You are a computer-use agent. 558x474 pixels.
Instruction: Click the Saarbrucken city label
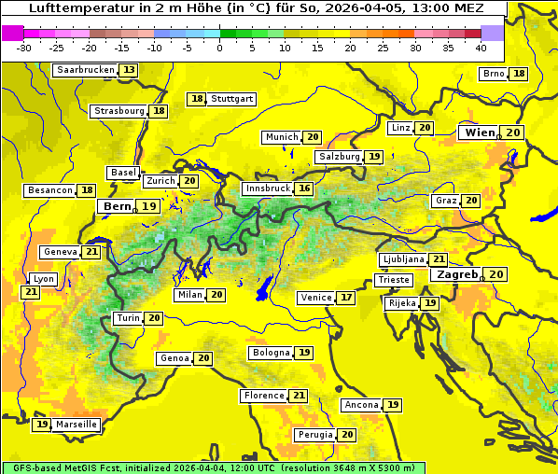(85, 70)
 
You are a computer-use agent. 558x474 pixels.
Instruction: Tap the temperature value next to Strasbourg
(160, 111)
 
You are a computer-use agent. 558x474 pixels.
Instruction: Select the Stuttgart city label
(232, 99)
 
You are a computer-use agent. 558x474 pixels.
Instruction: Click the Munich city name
(282, 137)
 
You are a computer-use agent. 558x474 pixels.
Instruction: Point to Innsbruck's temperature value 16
(304, 188)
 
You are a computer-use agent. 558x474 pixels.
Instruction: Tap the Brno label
(494, 74)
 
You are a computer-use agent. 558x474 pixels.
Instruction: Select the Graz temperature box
(471, 201)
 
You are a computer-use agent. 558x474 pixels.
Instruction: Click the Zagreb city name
(456, 274)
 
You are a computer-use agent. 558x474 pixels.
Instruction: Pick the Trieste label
(393, 280)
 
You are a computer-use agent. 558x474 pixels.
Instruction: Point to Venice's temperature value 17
(346, 298)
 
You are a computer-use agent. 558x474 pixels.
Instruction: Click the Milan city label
(189, 295)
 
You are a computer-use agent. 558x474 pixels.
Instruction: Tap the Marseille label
(77, 425)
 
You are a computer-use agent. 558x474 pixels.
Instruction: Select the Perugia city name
(314, 435)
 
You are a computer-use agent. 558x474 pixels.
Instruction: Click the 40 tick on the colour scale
(481, 48)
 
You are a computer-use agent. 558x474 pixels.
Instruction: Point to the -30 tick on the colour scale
(24, 48)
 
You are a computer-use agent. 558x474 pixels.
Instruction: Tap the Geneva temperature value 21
(91, 252)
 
